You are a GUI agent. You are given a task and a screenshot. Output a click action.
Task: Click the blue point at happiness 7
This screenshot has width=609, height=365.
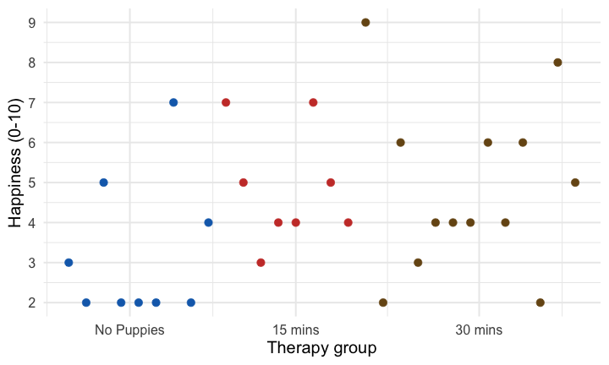point(173,102)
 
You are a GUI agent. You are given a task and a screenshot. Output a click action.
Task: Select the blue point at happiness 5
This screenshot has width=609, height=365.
point(103,182)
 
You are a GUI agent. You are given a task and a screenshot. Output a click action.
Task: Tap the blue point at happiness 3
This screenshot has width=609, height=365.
point(69,263)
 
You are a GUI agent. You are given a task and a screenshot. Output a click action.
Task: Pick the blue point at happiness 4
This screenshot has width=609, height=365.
point(208,223)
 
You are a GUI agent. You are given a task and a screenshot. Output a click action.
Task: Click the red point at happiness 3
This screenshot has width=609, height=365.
point(261,263)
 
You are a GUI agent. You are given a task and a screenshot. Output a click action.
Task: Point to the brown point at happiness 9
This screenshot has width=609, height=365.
point(365,23)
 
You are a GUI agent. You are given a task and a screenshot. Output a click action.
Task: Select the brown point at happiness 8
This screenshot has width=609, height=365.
point(557,63)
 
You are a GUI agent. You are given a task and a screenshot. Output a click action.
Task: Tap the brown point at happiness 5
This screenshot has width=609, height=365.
point(575,182)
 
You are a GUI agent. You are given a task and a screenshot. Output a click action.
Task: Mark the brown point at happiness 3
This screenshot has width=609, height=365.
point(418,263)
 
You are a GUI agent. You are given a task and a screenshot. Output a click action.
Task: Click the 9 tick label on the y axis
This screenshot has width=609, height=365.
point(31,23)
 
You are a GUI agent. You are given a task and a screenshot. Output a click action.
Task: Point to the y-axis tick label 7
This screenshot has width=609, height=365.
point(31,102)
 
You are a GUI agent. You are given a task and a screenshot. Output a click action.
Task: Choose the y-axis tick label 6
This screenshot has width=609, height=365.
point(31,143)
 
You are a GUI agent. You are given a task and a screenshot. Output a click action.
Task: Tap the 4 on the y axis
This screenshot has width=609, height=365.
point(31,223)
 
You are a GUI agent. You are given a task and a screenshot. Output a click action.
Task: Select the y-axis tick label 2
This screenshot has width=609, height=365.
point(31,302)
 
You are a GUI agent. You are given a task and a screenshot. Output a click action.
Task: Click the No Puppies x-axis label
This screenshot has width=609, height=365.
point(129,330)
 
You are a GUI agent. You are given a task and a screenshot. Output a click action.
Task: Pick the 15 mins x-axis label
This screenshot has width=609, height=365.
point(296,330)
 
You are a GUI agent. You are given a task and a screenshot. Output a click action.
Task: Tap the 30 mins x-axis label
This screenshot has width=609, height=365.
point(479,330)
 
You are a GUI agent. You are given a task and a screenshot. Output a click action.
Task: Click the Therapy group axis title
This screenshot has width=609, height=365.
point(321,348)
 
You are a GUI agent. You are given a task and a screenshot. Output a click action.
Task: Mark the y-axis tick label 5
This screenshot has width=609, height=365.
point(31,182)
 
